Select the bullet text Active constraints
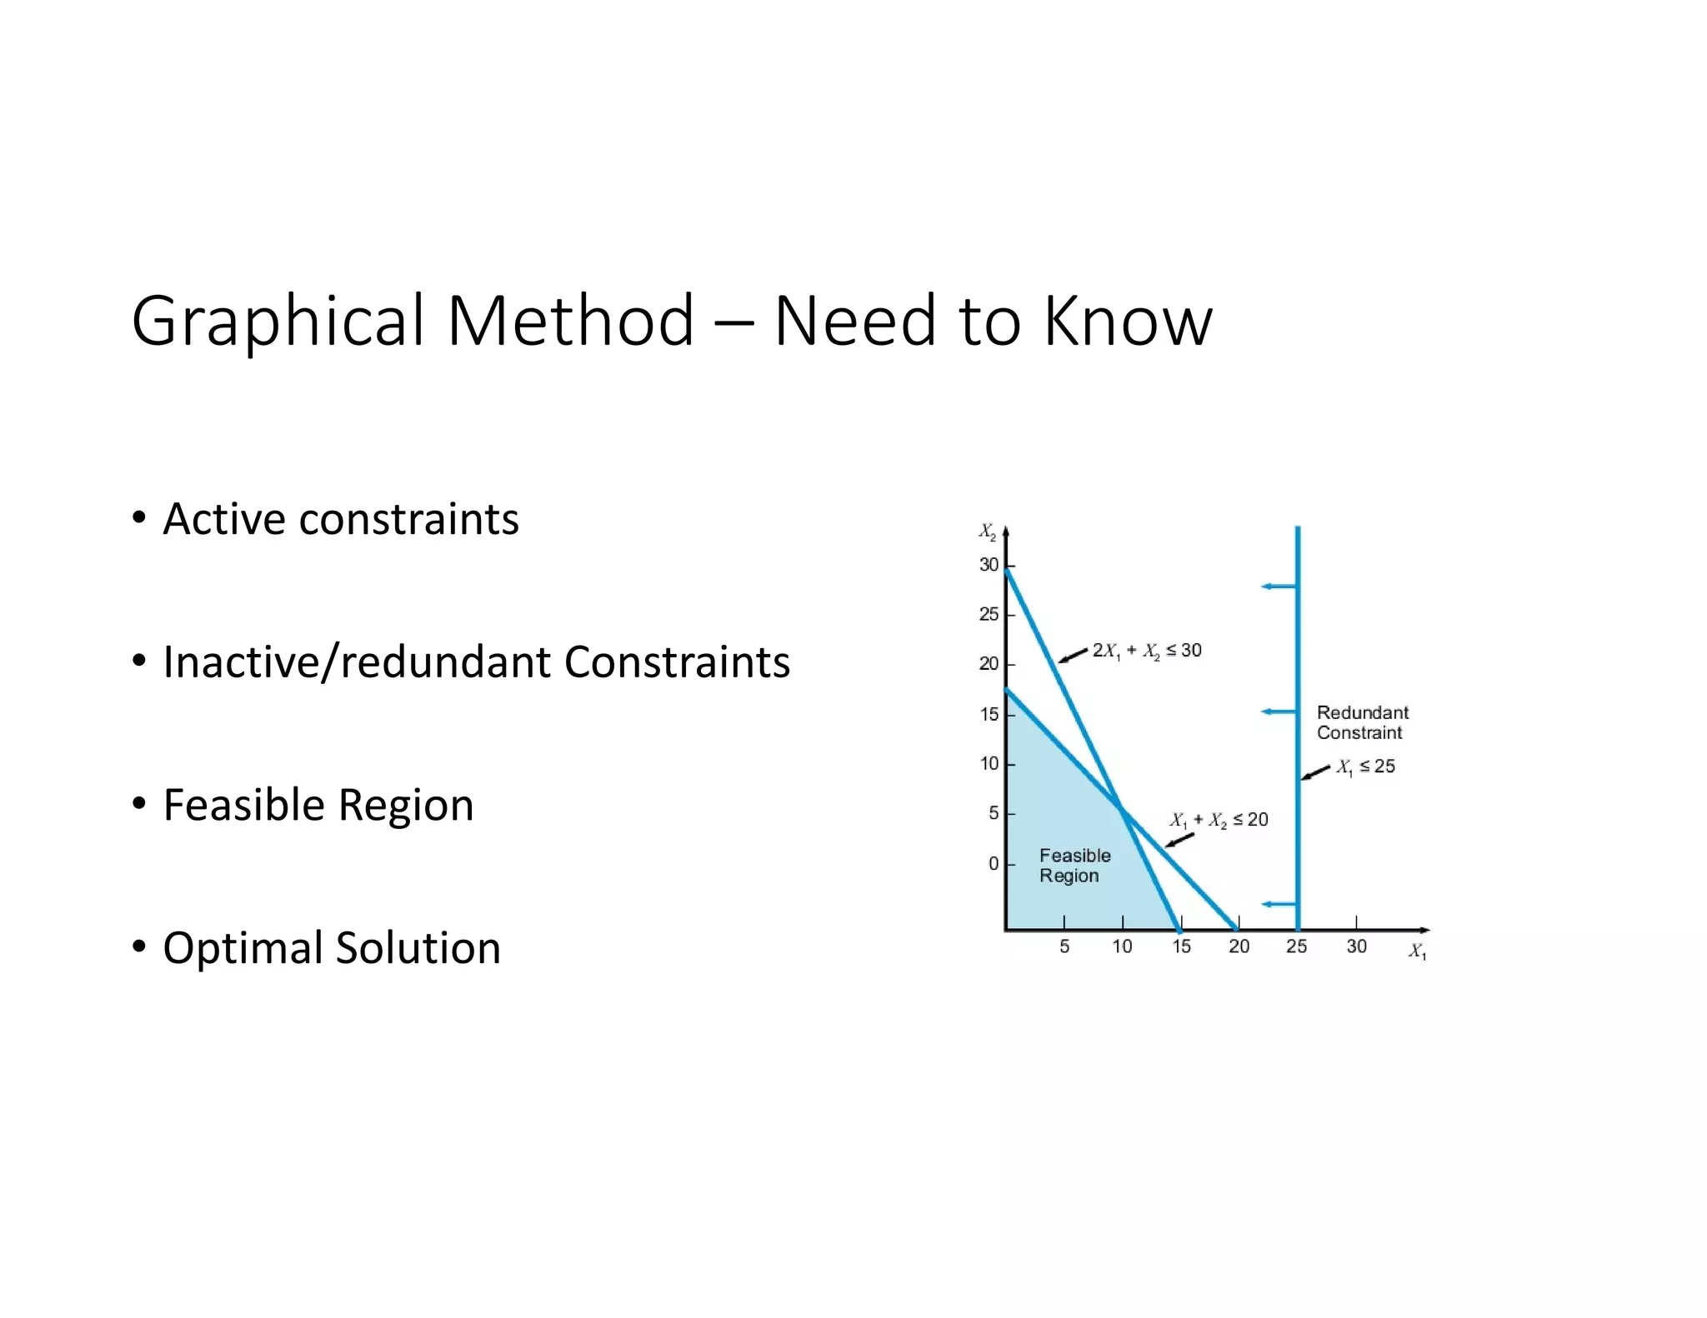click(x=341, y=519)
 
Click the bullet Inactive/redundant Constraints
click(x=476, y=662)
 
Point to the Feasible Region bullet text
click(x=318, y=805)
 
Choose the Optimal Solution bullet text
click(x=332, y=948)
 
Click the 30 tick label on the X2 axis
click(x=989, y=565)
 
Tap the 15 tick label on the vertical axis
click(x=989, y=715)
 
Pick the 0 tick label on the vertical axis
click(x=994, y=864)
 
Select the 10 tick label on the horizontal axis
click(x=1123, y=946)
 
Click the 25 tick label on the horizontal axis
click(x=1297, y=946)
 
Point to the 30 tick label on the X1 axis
click(x=1356, y=946)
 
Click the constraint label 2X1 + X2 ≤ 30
click(x=1147, y=651)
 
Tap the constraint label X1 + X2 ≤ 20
click(x=1219, y=820)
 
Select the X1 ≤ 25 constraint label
click(x=1366, y=766)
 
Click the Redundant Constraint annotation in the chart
click(x=1362, y=722)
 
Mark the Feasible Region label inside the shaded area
click(x=1074, y=866)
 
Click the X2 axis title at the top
click(x=987, y=532)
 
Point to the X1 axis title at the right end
click(x=1417, y=951)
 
